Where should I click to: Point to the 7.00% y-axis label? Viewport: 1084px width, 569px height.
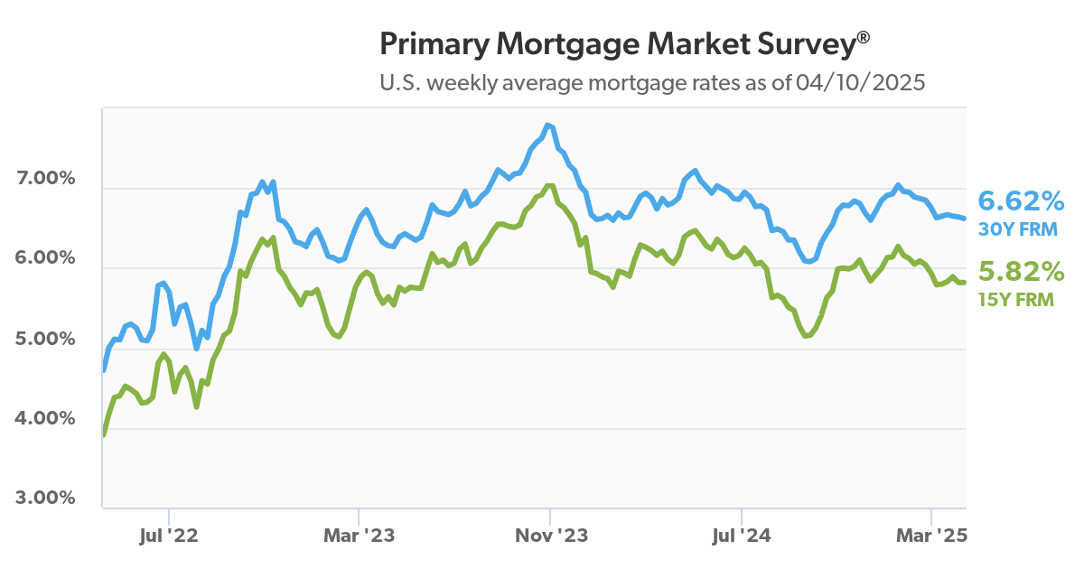(x=46, y=178)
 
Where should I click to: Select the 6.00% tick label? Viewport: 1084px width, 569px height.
(x=46, y=257)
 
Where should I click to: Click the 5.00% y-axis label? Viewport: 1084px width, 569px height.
(x=46, y=339)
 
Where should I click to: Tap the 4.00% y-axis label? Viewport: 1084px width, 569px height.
(x=46, y=418)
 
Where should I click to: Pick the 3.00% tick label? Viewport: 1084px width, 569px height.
(x=46, y=498)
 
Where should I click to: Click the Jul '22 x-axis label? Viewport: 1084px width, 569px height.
(x=168, y=536)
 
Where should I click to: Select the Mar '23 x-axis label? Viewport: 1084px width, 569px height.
(x=359, y=536)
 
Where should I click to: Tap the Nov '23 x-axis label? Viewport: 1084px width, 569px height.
(x=550, y=536)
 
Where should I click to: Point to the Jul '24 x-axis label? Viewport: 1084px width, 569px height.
(x=741, y=536)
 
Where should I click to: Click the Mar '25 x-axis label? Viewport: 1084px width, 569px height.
(x=932, y=536)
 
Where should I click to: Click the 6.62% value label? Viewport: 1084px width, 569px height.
(x=1022, y=200)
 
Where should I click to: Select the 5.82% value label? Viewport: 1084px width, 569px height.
(x=1022, y=271)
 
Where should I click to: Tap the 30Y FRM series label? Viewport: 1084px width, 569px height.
(x=1018, y=229)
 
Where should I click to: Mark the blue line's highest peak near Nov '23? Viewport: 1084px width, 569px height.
(x=547, y=125)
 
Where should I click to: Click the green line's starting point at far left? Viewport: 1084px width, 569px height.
(x=104, y=434)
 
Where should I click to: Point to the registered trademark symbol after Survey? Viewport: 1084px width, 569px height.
(x=864, y=37)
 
